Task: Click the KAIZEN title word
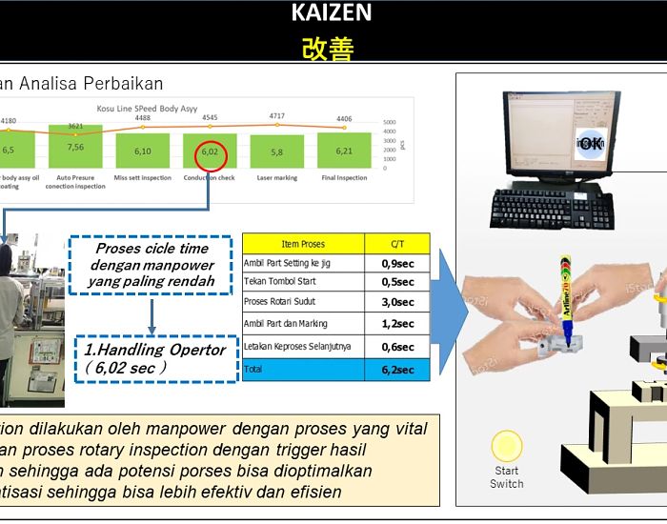(x=331, y=13)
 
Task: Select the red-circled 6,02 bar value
(x=210, y=151)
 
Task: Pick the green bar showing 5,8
(x=276, y=151)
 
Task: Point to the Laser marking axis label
(x=276, y=176)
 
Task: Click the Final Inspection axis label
(x=344, y=176)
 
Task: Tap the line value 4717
(x=276, y=116)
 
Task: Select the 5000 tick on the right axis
(x=389, y=123)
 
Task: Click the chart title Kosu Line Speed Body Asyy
(x=147, y=109)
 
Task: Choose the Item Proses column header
(x=303, y=244)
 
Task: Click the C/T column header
(x=397, y=244)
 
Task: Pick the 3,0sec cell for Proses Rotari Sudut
(x=397, y=302)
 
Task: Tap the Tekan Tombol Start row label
(x=280, y=282)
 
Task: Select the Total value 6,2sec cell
(x=397, y=370)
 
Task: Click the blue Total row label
(x=303, y=370)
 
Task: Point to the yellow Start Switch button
(x=506, y=447)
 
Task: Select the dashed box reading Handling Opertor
(x=155, y=357)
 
